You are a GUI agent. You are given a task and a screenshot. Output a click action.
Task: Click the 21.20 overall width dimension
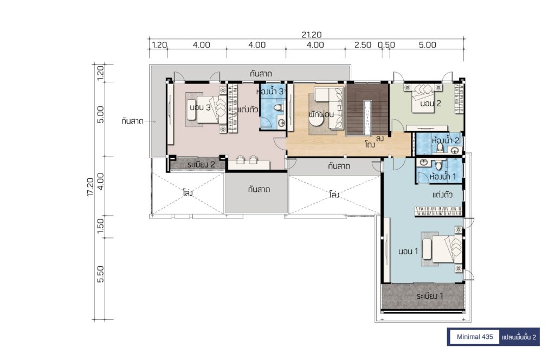(312, 35)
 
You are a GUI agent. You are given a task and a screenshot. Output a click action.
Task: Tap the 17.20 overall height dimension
(91, 187)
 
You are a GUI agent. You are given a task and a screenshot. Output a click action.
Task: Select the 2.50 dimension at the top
(363, 45)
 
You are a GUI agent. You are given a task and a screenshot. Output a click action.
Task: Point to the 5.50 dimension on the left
(100, 274)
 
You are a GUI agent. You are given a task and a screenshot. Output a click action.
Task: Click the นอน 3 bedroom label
(200, 107)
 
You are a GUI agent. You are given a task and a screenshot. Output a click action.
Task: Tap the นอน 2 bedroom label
(430, 104)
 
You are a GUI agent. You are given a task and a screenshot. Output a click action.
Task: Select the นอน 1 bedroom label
(408, 252)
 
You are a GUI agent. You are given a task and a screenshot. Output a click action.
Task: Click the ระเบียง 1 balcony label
(430, 296)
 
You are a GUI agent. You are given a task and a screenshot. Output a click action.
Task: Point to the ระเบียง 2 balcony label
(201, 165)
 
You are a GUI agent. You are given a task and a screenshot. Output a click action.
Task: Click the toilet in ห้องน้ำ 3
(279, 107)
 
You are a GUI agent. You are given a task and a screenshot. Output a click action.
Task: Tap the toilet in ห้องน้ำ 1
(438, 165)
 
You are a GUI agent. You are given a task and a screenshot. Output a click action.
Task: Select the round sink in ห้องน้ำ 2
(455, 150)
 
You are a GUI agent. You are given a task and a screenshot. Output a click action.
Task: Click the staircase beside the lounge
(367, 110)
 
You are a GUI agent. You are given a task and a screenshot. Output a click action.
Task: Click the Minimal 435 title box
(474, 337)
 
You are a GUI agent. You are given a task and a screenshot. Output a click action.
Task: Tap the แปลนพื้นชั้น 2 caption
(519, 337)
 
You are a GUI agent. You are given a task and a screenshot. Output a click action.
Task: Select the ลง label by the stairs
(380, 138)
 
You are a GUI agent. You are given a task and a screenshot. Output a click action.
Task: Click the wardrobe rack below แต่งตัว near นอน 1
(438, 211)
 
